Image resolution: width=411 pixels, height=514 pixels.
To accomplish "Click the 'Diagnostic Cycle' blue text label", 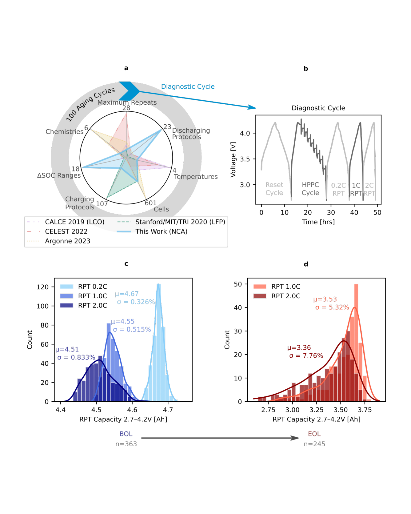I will point(188,86).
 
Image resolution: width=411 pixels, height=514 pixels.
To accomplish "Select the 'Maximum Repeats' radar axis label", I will point(127,102).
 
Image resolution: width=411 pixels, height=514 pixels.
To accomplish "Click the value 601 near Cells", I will point(150,203).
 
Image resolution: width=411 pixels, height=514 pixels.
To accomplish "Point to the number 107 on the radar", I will point(102,204).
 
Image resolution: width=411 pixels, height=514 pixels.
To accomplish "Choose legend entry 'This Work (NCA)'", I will point(161,231).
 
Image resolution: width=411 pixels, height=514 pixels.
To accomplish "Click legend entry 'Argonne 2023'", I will point(68,241).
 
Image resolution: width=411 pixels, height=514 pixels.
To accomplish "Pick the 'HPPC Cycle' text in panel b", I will point(310,189).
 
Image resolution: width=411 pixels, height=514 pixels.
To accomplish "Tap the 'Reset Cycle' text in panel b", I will point(274,189).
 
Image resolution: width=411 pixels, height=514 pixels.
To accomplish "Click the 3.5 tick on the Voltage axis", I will point(245,159).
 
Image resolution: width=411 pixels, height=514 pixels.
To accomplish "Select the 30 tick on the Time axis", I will point(331,212).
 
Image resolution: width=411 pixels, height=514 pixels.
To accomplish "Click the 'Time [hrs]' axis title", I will point(318,222).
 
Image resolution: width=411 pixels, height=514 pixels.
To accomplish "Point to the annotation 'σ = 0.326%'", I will point(136,302).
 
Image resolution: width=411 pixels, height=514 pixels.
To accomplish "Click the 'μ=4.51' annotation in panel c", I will point(67,349).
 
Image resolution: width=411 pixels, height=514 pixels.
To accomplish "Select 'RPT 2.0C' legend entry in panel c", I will point(92,305).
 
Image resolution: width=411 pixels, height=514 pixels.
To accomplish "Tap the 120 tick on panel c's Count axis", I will point(42,287).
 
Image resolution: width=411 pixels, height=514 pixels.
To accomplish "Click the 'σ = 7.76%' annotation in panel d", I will point(306,356).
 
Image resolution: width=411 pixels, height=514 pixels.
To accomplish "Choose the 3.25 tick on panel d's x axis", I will point(316,410).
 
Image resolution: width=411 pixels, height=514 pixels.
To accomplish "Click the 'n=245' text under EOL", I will point(314,444).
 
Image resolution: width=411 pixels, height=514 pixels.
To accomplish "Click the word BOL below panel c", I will point(126,434).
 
